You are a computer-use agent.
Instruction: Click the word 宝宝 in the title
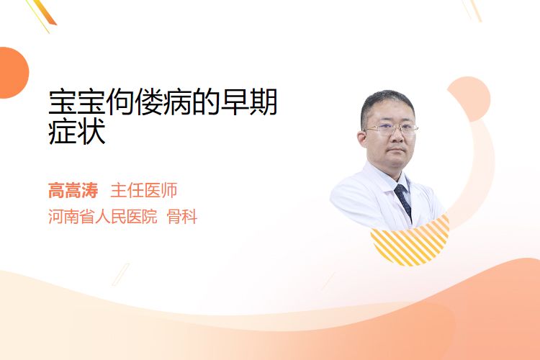pos(77,102)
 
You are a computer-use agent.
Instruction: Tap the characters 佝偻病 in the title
pos(149,102)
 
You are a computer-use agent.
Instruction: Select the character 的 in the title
pos(206,102)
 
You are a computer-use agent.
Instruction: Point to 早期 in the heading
pos(249,102)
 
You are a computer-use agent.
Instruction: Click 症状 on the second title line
pos(77,132)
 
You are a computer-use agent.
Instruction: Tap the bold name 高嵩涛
pos(73,191)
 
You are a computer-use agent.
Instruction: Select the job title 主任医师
pos(144,191)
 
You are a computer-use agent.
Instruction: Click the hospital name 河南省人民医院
pos(103,217)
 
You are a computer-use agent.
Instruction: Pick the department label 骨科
pos(182,217)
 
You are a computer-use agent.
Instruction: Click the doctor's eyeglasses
pos(391,130)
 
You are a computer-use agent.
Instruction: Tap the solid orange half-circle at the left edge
pos(13,73)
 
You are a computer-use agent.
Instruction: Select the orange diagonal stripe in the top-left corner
pos(44,13)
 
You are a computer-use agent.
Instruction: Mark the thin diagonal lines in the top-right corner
pos(472,10)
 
